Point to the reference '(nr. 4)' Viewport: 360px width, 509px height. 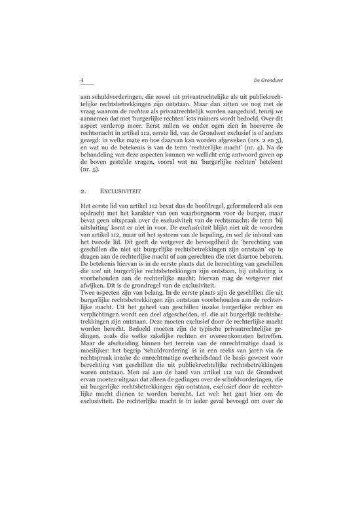(243, 149)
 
